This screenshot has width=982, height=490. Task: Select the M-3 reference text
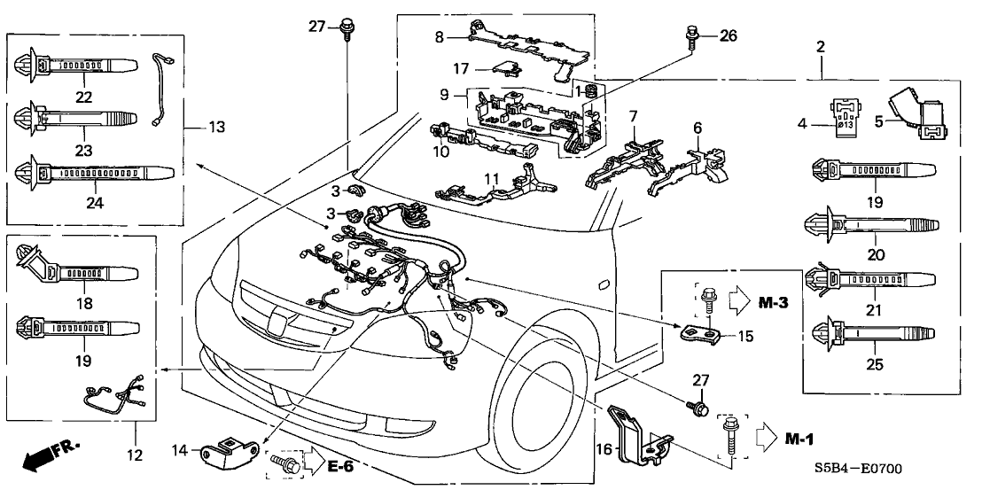(x=773, y=303)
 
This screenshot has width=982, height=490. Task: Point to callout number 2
(x=822, y=45)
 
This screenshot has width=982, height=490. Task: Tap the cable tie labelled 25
(x=869, y=334)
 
